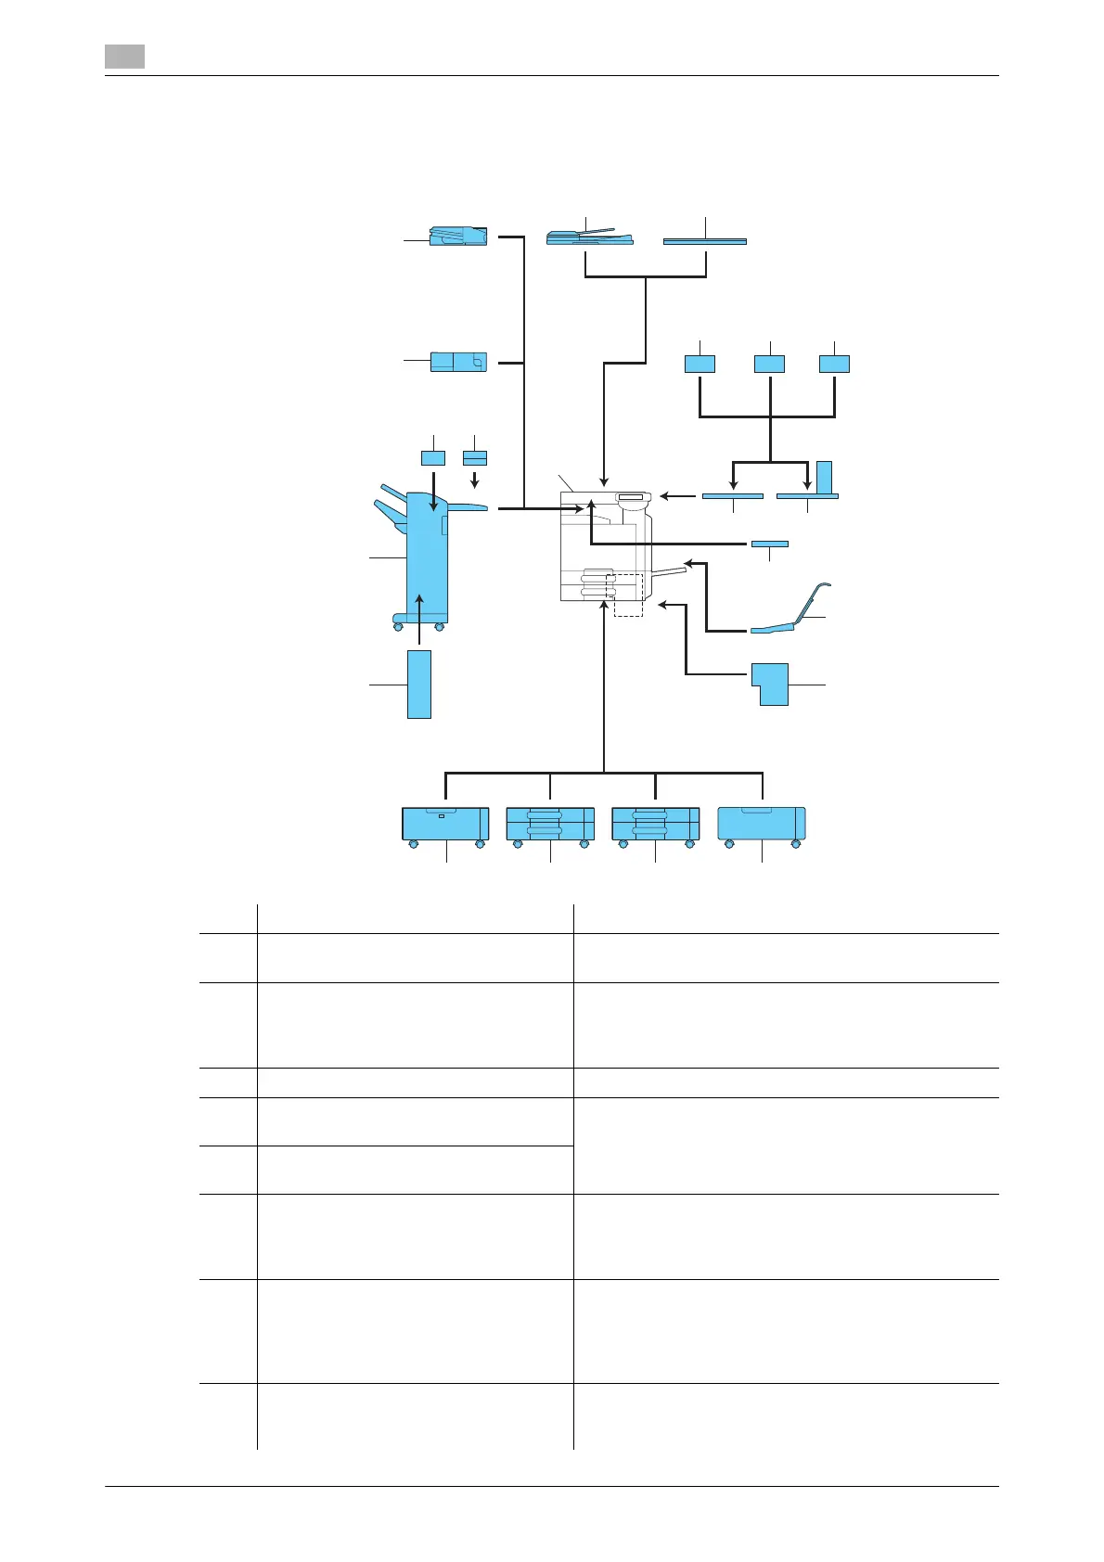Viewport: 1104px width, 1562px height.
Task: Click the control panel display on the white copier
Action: pos(629,498)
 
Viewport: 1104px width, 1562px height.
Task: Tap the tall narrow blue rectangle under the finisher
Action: pos(419,684)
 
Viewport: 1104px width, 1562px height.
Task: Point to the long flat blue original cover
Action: pos(705,241)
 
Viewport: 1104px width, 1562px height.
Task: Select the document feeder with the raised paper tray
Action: pos(589,237)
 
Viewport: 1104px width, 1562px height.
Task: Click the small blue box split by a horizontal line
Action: pos(475,458)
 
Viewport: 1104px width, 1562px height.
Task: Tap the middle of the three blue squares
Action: pos(769,364)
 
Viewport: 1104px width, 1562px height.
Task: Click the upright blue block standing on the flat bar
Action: pos(824,477)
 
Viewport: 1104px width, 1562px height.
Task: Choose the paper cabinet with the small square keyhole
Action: pos(445,823)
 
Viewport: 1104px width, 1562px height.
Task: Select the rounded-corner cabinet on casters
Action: pos(762,823)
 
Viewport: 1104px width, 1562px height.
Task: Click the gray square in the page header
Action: pos(124,57)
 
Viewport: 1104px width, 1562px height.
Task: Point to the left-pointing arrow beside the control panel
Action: pos(677,496)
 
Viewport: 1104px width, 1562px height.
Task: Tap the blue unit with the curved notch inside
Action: pos(458,362)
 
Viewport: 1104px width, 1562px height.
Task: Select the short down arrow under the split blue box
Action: pos(475,479)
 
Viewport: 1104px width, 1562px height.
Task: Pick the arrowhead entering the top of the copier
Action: pos(604,482)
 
